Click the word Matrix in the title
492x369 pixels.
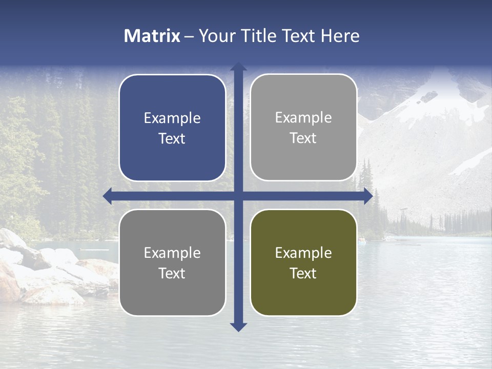coord(152,36)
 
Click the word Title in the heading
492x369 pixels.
coord(259,36)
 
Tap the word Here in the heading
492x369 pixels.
coord(340,36)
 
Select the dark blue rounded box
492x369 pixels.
coord(172,128)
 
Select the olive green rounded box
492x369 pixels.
coord(303,262)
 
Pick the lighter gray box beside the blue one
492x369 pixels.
coord(303,128)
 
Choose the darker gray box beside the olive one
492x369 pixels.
coord(172,262)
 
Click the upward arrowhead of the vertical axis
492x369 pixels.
coord(238,67)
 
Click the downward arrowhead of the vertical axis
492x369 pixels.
coord(238,326)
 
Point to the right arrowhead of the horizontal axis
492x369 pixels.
coord(368,196)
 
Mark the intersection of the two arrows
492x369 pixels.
coord(238,196)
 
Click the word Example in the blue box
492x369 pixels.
coord(172,118)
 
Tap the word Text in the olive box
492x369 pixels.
coord(303,273)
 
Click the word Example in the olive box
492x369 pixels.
coord(303,253)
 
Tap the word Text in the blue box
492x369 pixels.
coord(172,139)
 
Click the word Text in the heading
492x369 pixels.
coord(298,36)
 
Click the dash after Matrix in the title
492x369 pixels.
coord(189,36)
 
